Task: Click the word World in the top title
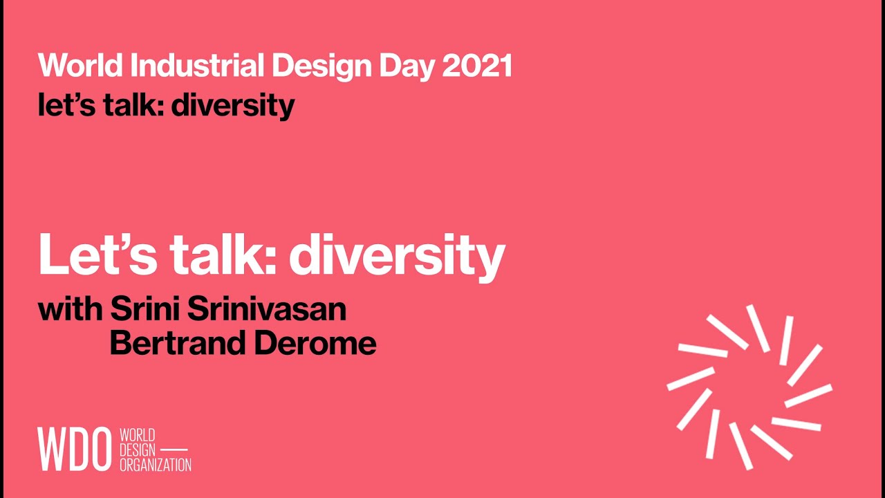(80, 66)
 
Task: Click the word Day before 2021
(408, 66)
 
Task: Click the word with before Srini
(71, 309)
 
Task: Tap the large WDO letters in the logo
(74, 450)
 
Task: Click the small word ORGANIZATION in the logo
(156, 465)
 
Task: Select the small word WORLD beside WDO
(137, 435)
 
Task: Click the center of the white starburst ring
(749, 387)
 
